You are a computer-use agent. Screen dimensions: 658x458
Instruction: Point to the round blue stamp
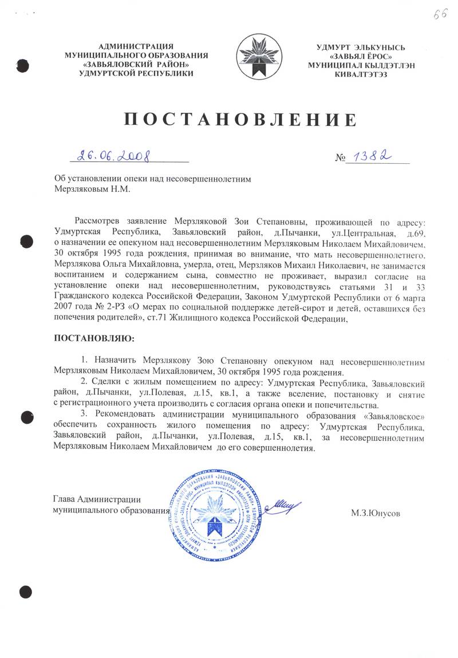coord(212,511)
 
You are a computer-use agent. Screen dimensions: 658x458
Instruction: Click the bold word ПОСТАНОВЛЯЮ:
coord(92,338)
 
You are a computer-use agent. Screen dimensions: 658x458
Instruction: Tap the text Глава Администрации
coord(97,499)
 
